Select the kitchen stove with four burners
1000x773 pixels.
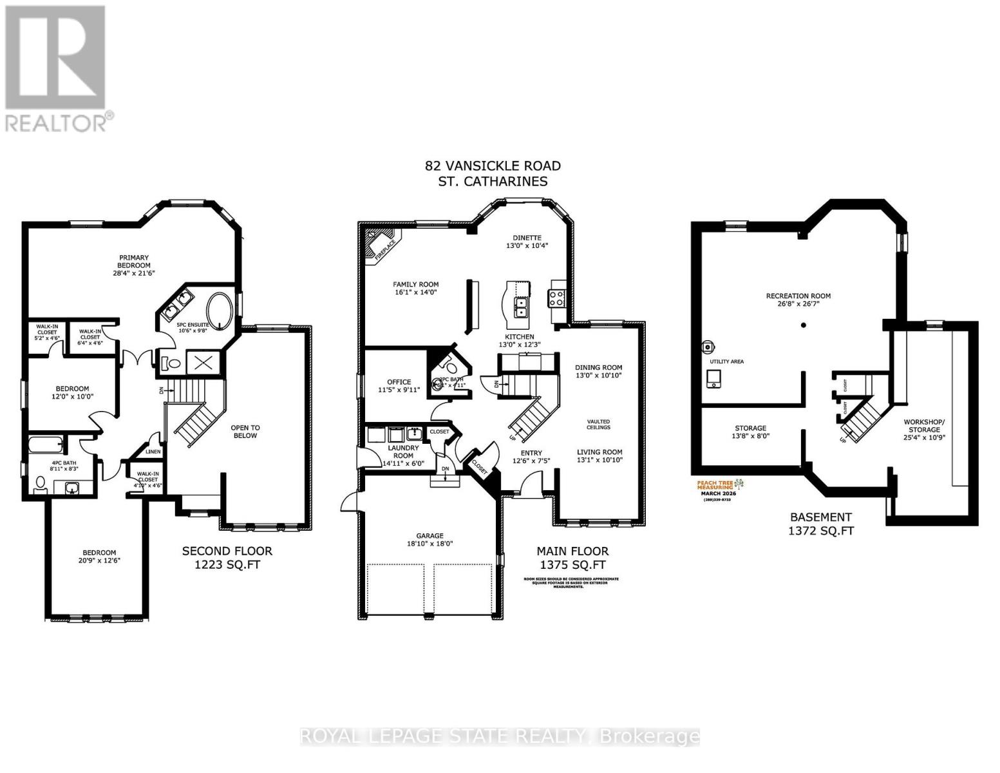pos(556,298)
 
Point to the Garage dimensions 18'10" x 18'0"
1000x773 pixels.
pos(429,543)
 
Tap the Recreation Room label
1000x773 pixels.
pos(798,296)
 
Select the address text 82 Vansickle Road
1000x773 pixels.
pos(493,166)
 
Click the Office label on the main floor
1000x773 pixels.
pos(399,382)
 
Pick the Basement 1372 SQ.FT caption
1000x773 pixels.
pos(820,524)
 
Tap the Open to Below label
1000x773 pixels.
pos(245,431)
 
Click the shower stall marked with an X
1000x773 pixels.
pos(203,362)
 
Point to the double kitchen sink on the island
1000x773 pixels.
pos(520,308)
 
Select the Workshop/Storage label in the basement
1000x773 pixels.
pos(924,426)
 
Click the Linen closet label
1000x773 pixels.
pos(153,452)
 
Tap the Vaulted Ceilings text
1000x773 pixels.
pos(598,424)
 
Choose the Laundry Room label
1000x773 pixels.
pos(403,452)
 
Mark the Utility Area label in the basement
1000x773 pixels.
pos(726,361)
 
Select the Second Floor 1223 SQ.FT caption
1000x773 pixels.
pos(227,558)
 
